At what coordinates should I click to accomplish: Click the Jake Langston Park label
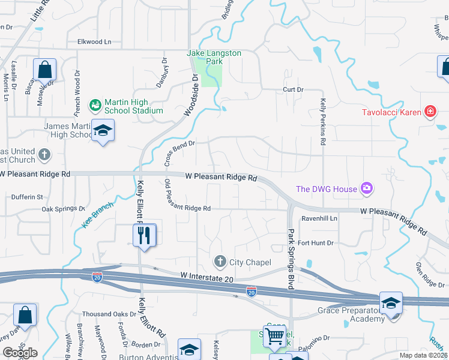(x=214, y=57)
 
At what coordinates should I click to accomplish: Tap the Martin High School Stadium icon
(x=95, y=106)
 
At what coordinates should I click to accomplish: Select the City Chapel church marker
(x=220, y=262)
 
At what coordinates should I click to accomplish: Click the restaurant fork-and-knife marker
(x=144, y=235)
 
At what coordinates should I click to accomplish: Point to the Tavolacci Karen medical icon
(x=429, y=112)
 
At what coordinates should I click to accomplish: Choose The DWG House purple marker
(x=366, y=189)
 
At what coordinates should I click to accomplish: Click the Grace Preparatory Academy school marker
(x=390, y=304)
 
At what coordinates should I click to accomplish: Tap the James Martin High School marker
(x=103, y=131)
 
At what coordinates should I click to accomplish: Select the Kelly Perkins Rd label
(x=323, y=122)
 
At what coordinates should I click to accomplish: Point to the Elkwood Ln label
(x=94, y=42)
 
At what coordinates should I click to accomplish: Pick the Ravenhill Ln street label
(x=319, y=219)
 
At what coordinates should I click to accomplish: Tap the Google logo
(x=20, y=353)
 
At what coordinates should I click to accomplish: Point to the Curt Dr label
(x=294, y=89)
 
